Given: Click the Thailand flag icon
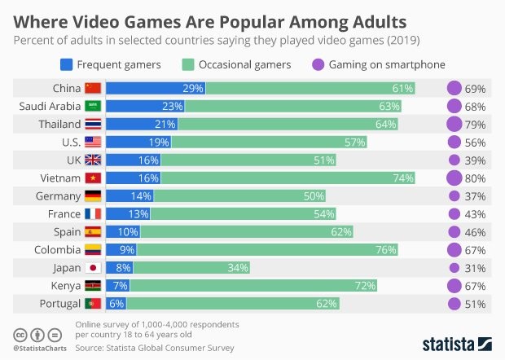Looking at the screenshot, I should click(x=94, y=125).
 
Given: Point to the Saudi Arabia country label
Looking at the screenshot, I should click(x=49, y=107).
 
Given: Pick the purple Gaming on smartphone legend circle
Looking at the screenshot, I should click(x=317, y=64).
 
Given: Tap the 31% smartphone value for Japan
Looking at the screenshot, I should click(x=476, y=268).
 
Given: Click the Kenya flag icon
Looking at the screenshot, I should click(x=94, y=286).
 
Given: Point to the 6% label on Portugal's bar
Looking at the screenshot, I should click(x=117, y=304).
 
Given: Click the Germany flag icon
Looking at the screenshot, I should click(x=94, y=196).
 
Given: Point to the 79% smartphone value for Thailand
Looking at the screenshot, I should click(x=476, y=125).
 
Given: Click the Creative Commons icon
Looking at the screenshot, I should click(x=19, y=335).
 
